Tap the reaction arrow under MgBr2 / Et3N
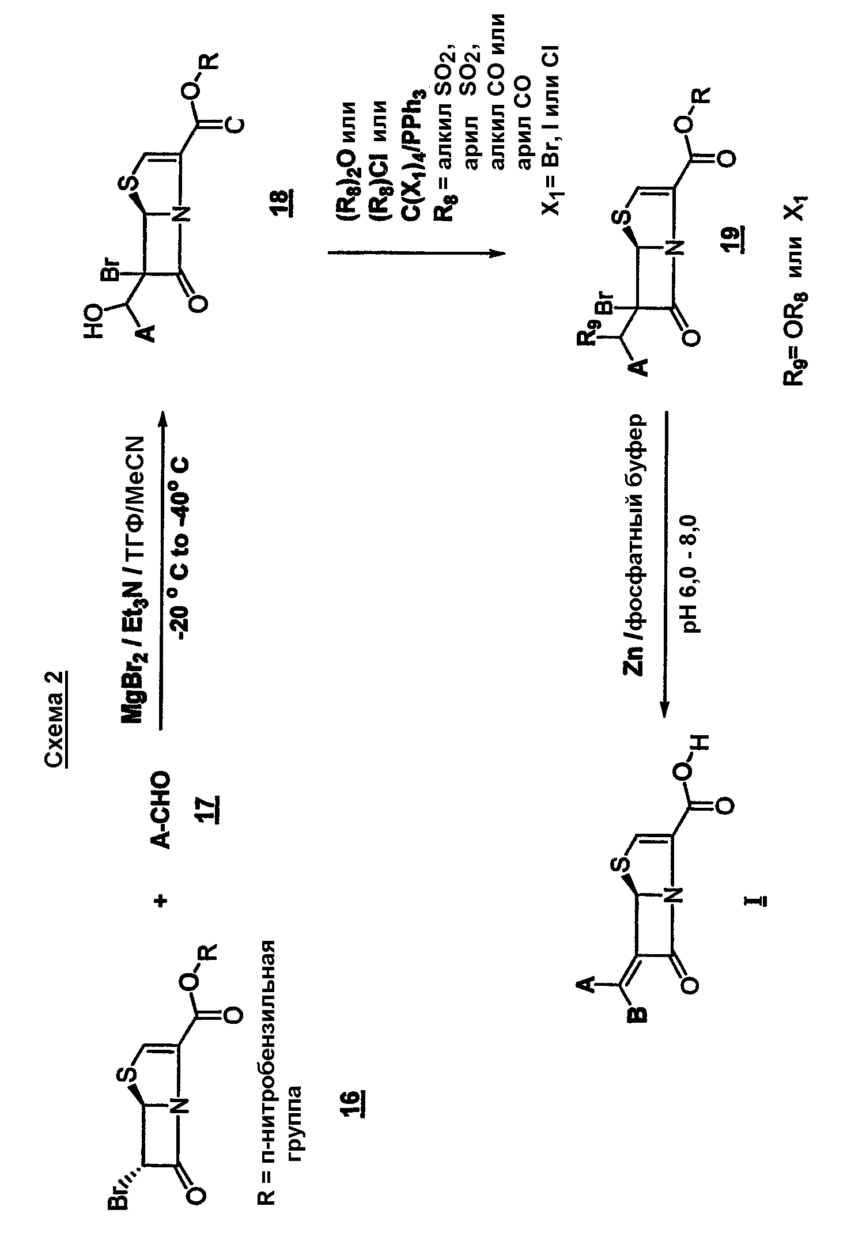pos(161,568)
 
